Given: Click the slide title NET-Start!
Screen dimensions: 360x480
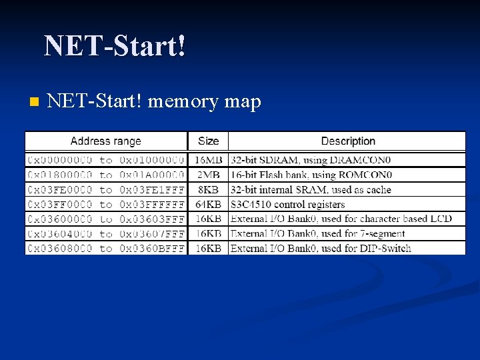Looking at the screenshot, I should click(115, 47).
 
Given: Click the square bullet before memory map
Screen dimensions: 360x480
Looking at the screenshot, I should click(34, 102).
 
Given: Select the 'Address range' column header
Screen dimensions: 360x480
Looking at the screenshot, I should click(106, 141).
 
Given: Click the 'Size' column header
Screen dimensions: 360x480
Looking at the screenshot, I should click(208, 141).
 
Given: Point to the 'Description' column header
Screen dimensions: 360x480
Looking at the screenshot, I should click(348, 141).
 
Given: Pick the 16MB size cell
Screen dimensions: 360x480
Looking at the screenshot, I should click(208, 160).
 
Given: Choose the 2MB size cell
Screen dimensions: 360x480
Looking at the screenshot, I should click(208, 175).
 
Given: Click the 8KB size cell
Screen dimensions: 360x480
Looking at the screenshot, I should click(208, 189).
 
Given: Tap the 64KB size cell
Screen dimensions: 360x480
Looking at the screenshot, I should click(208, 204).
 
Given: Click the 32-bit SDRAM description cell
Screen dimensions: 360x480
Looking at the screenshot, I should click(311, 160).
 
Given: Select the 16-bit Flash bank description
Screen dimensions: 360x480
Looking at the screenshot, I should click(311, 175).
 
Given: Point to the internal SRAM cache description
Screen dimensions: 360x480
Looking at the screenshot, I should click(311, 189).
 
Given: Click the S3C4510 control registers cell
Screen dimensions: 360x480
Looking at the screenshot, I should click(287, 204).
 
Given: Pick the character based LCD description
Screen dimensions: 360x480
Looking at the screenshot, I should click(341, 219).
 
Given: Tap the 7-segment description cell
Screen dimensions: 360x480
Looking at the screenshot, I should click(317, 233).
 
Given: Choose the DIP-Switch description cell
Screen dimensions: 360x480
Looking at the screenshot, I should click(321, 248).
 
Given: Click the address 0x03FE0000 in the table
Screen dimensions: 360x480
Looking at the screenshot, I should click(60, 189).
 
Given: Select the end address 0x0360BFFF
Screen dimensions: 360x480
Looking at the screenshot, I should click(152, 248).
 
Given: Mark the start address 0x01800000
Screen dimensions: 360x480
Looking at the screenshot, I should click(60, 175).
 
